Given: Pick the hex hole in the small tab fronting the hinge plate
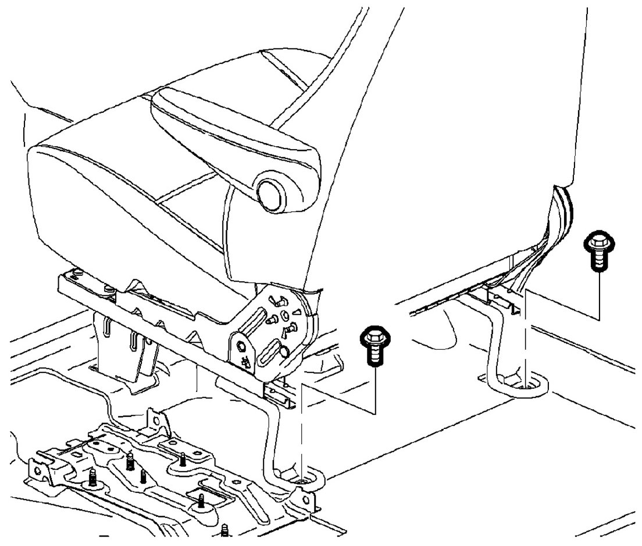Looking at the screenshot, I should [x=239, y=348].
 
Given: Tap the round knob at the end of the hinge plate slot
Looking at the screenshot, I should [x=283, y=352].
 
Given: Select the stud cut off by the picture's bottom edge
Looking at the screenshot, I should [x=226, y=530].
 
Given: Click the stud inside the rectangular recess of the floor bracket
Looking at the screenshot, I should [x=201, y=501].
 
